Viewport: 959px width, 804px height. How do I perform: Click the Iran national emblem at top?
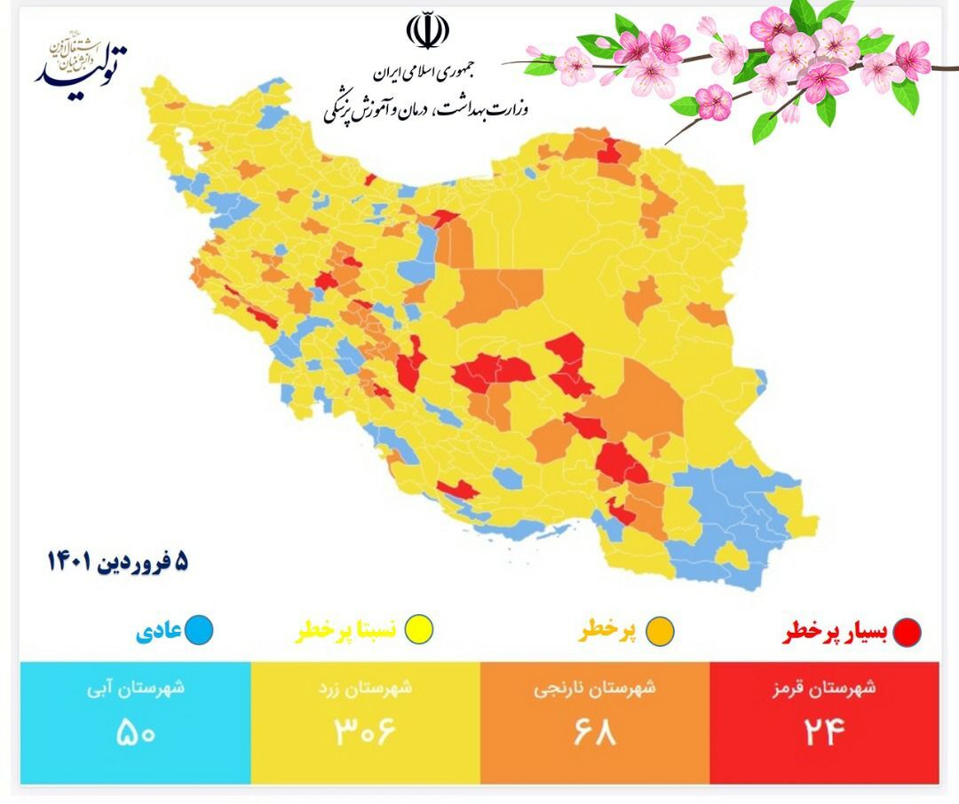pos(427,31)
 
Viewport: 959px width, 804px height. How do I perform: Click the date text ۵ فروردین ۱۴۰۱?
pos(118,562)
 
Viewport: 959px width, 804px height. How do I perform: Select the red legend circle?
pos(907,632)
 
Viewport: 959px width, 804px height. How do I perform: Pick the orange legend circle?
pos(660,632)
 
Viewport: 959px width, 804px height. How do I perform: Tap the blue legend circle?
pos(200,632)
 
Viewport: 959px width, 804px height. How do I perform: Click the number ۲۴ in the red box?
pos(823,733)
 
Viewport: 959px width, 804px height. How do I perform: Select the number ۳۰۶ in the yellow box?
pos(364,733)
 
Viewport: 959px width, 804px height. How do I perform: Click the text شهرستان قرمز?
pos(823,689)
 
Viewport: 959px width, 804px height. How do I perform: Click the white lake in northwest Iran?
pos(186,143)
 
